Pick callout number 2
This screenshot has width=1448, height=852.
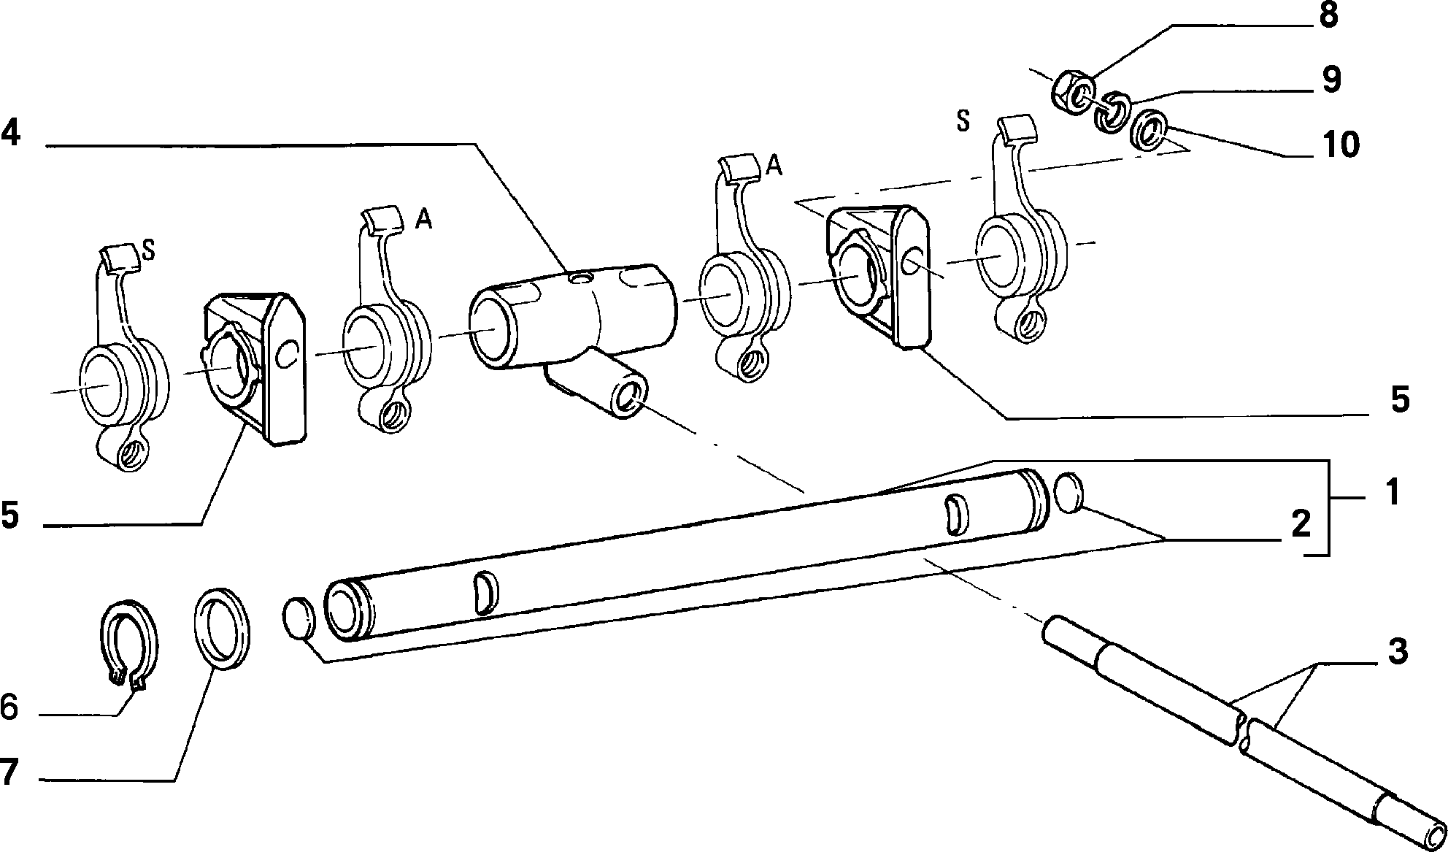point(1300,525)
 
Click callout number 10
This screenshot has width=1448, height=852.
point(1339,144)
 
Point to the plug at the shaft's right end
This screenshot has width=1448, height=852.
point(1068,493)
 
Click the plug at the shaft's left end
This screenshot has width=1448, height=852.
point(299,618)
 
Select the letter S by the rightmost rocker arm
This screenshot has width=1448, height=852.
point(963,121)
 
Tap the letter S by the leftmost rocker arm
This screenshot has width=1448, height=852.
point(148,250)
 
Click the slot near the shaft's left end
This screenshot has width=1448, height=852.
point(485,593)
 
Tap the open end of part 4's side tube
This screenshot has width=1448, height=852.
point(629,397)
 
